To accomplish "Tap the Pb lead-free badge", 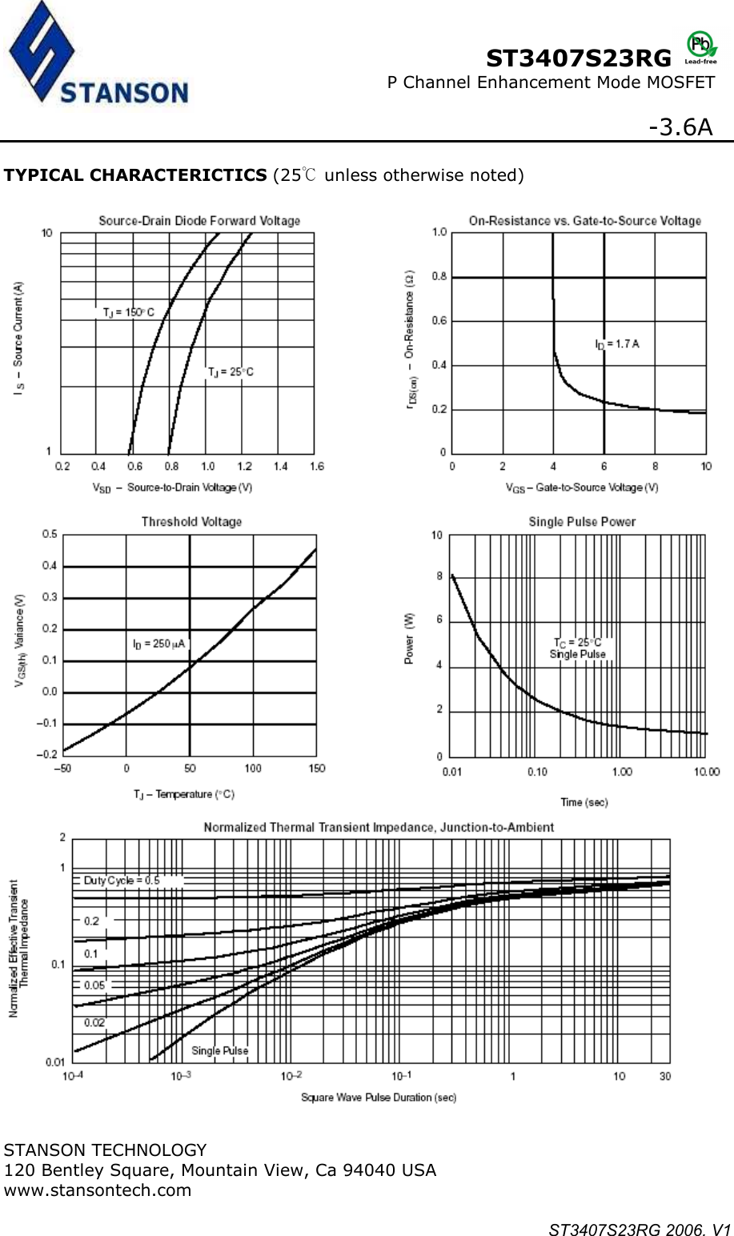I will (701, 47).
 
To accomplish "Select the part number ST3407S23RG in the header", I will (579, 58).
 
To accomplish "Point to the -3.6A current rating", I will (680, 127).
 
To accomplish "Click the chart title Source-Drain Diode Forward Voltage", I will (199, 221).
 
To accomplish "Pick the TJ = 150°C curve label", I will (128, 312).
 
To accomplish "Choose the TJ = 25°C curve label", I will (231, 372).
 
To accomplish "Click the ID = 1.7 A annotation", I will (616, 344).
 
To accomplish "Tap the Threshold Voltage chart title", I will (191, 522).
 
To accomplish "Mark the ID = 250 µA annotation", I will (158, 644).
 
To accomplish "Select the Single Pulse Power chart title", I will (582, 522).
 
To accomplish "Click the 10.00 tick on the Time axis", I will (706, 772).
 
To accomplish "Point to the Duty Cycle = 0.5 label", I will (122, 881).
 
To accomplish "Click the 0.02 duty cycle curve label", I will (94, 1022).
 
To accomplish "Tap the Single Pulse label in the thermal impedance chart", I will (219, 1050).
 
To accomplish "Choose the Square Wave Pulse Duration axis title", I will (378, 1098).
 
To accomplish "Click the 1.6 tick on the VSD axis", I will (317, 467).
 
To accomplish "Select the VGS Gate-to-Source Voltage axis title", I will (582, 488).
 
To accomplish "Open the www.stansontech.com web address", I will (98, 1190).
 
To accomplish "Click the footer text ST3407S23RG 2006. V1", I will (640, 1230).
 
